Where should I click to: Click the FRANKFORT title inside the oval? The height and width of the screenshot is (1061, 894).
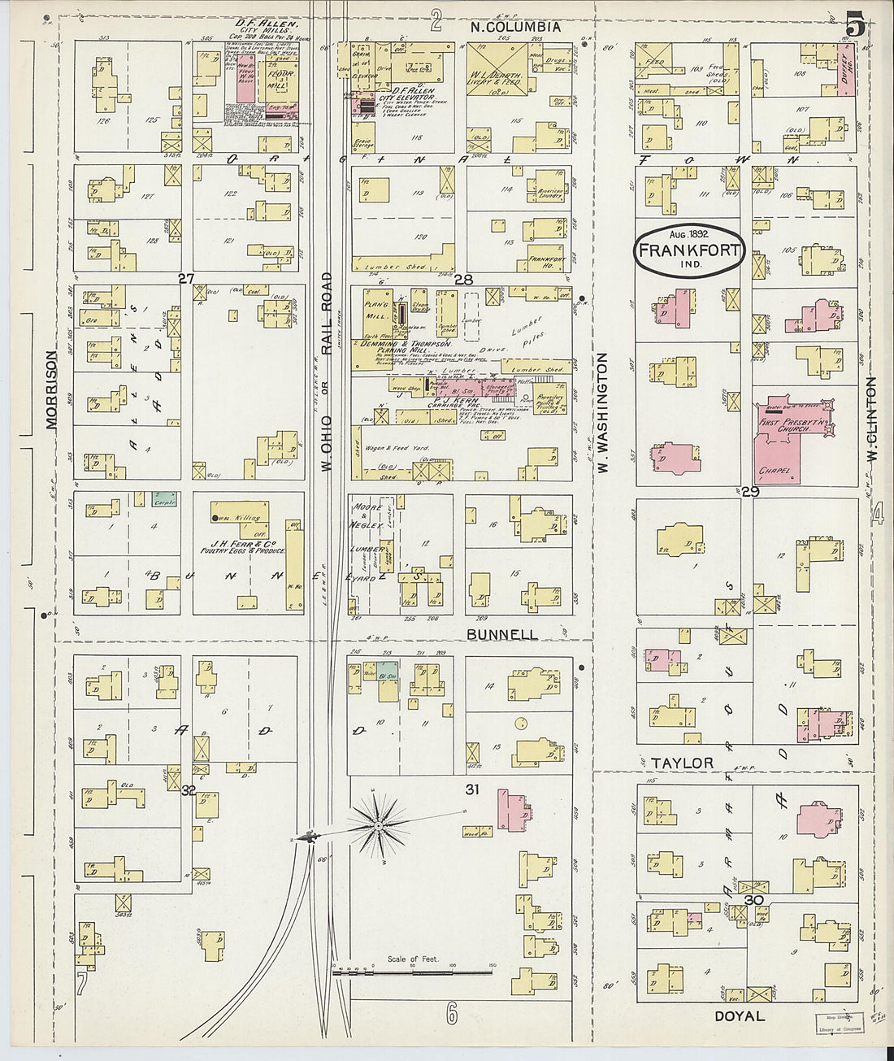pyautogui.click(x=688, y=250)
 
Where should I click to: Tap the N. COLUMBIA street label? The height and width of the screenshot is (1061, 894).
pyautogui.click(x=516, y=27)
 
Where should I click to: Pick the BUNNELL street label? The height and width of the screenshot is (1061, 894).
pyautogui.click(x=501, y=634)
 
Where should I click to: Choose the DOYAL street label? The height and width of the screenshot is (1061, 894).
pyautogui.click(x=739, y=1015)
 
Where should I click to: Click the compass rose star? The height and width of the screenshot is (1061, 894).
pyautogui.click(x=378, y=827)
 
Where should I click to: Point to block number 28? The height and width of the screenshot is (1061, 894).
pyautogui.click(x=463, y=280)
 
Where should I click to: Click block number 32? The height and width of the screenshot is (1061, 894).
pyautogui.click(x=189, y=789)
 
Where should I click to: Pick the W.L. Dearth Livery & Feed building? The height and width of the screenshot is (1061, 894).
pyautogui.click(x=497, y=70)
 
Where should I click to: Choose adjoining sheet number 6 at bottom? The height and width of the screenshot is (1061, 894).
pyautogui.click(x=452, y=1013)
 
